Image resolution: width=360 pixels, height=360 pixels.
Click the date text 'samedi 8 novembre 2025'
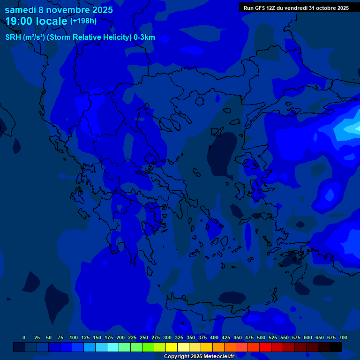tap(59, 10)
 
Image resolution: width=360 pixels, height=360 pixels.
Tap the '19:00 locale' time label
tap(37, 21)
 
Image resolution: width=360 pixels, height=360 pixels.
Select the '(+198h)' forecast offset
tap(83, 21)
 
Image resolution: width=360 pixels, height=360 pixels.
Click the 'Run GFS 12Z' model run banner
tap(296, 8)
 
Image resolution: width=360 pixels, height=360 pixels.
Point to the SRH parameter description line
tap(80, 37)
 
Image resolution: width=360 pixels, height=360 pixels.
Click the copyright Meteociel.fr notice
tap(199, 357)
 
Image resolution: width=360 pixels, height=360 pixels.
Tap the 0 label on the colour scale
tap(24, 337)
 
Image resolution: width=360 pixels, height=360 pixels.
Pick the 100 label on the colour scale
tap(74, 337)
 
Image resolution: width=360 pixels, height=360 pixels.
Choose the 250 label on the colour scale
tap(144, 337)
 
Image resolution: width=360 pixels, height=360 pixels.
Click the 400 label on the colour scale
tap(214, 337)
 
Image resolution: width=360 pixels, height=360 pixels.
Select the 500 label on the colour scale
tap(261, 337)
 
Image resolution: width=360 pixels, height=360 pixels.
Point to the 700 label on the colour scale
tap(343, 337)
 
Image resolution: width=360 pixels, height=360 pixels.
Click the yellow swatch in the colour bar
tap(172, 347)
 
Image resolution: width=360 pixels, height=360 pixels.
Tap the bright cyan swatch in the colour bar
tap(113, 347)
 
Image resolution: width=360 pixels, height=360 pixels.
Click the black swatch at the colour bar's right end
tap(336, 347)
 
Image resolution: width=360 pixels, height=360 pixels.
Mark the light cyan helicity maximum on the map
tap(351, 128)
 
